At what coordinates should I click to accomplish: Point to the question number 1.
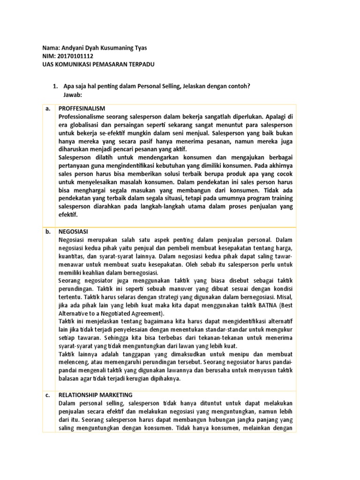click(54, 87)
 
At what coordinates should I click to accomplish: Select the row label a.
click(47, 108)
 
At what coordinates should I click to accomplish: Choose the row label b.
click(47, 232)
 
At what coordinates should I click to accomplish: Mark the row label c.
click(47, 395)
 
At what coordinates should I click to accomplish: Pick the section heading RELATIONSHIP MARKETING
click(96, 395)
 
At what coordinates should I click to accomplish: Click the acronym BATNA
click(265, 306)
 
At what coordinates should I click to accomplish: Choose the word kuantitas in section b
click(72, 256)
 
